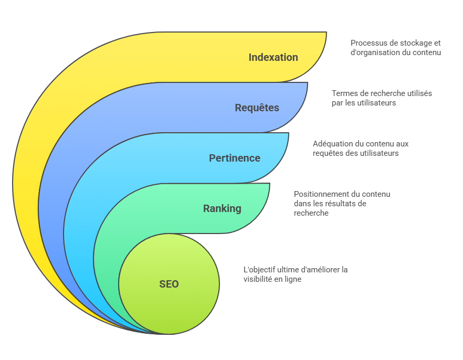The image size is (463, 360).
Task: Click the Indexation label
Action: pos(273,57)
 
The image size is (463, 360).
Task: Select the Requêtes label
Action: pos(257,108)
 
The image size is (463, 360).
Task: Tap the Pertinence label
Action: pos(234,158)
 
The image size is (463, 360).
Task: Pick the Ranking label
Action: pos(222,208)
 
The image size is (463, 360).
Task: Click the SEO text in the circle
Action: pos(169,284)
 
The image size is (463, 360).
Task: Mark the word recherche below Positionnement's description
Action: pos(311,213)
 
